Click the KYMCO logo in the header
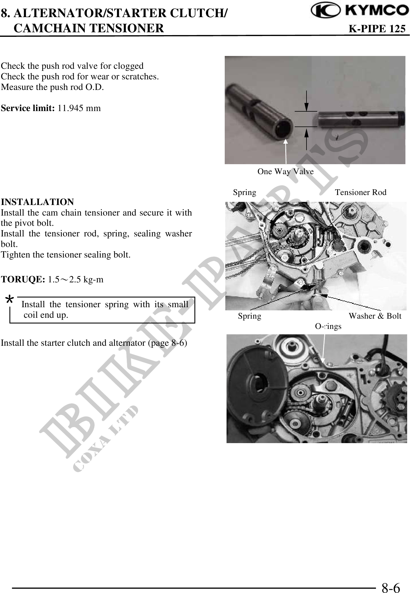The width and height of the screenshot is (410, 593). [x=360, y=11]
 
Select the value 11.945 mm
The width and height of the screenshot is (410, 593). [x=79, y=108]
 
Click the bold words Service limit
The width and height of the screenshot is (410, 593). [x=28, y=108]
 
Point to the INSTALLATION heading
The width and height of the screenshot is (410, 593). [x=37, y=202]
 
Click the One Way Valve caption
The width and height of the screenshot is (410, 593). [x=285, y=172]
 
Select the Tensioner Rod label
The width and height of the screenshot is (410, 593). [x=361, y=192]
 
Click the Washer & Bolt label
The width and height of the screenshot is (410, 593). [x=375, y=316]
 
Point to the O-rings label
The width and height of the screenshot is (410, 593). [x=328, y=326]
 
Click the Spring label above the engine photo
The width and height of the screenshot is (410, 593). [x=244, y=192]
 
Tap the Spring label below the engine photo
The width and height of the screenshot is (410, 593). [x=250, y=316]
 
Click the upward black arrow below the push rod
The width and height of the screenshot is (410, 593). [x=306, y=139]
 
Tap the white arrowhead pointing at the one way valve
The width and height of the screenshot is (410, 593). [x=285, y=142]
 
